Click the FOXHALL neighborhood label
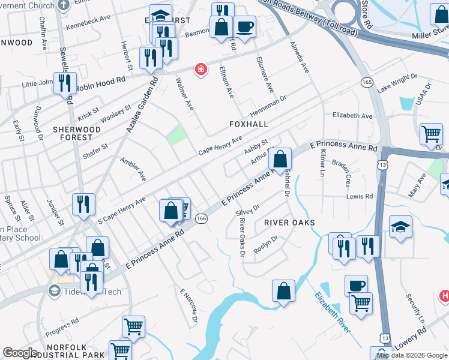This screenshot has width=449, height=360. pyautogui.click(x=248, y=124)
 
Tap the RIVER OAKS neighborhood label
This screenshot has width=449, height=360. pyautogui.click(x=289, y=222)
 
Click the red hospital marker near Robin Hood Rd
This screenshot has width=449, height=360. pyautogui.click(x=200, y=70)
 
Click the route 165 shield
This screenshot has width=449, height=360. pyautogui.click(x=366, y=82)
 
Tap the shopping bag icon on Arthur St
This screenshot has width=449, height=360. pyautogui.click(x=280, y=159)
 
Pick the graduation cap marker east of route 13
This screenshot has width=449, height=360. pyautogui.click(x=400, y=227)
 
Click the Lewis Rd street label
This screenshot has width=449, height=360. pyautogui.click(x=360, y=196)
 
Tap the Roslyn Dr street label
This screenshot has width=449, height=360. pyautogui.click(x=266, y=244)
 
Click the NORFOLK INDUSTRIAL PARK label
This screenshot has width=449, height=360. pyautogui.click(x=51, y=348)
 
